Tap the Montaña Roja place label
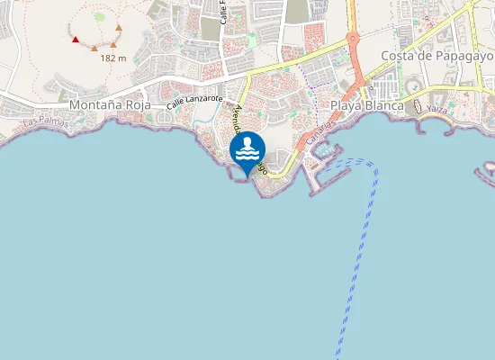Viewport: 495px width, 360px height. tap(110, 105)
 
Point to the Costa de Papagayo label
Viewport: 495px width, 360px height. tap(437, 56)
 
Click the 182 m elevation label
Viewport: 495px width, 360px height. tap(113, 58)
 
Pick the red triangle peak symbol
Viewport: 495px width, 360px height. tap(76, 39)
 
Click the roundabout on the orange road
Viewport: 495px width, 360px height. tap(352, 40)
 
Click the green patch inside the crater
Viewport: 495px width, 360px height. tap(100, 16)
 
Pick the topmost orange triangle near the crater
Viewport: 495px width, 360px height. tap(119, 27)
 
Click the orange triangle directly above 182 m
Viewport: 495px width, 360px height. tap(113, 43)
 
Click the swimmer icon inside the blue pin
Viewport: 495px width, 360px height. tap(247, 147)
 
